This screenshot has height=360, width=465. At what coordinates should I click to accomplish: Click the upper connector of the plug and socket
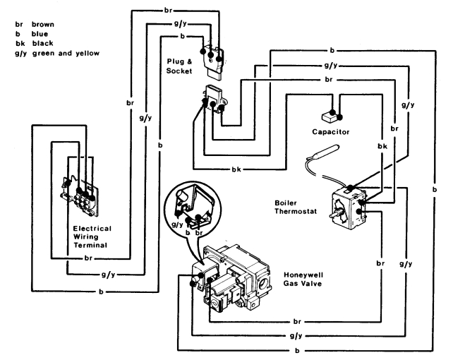[x=213, y=57]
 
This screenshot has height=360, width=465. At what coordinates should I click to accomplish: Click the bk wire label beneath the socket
[x=235, y=169]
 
